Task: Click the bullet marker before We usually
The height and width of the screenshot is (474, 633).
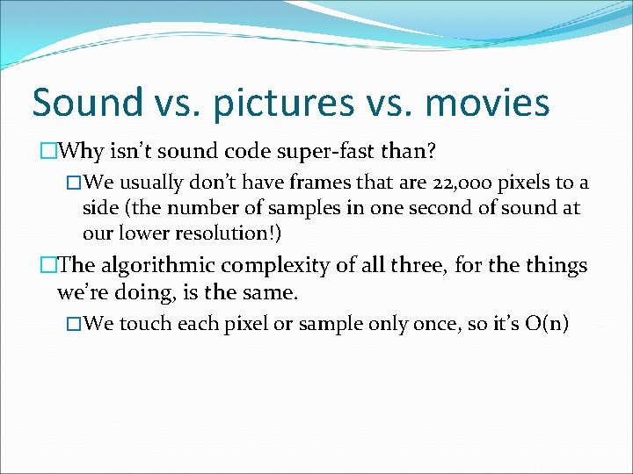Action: [x=74, y=183]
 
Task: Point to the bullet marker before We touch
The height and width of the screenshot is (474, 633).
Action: [x=74, y=324]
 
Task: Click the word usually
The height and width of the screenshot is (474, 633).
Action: [x=149, y=183]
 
